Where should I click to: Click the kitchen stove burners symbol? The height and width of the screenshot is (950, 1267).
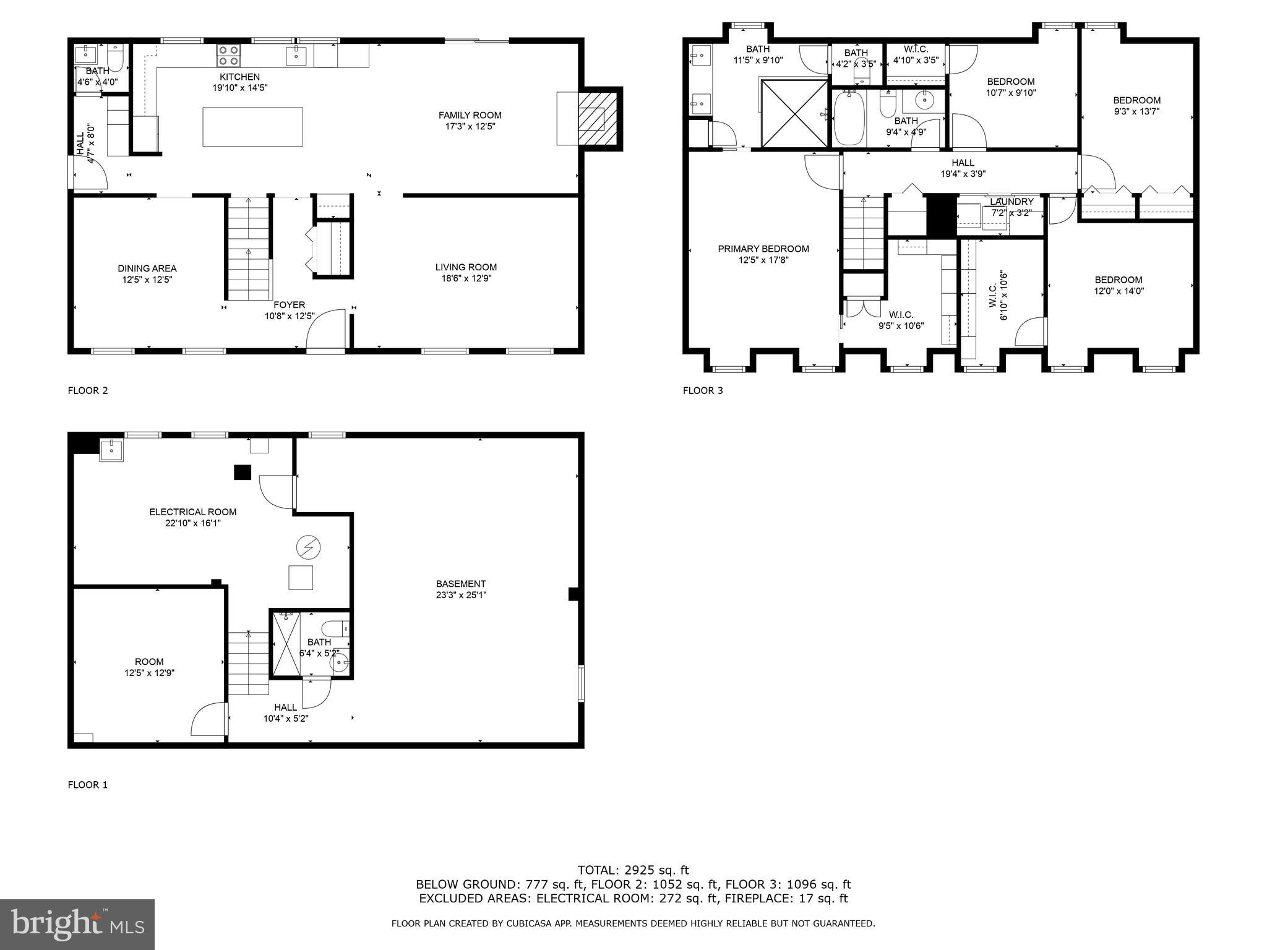pyautogui.click(x=229, y=55)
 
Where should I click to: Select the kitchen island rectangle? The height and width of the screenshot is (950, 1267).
pyautogui.click(x=252, y=127)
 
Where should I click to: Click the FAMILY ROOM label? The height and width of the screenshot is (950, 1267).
pyautogui.click(x=470, y=115)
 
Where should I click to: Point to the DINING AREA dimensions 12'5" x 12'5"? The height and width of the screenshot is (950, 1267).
pyautogui.click(x=147, y=280)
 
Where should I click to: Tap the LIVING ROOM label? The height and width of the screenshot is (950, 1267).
pyautogui.click(x=465, y=267)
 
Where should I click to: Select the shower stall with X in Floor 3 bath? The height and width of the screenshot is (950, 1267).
pyautogui.click(x=794, y=114)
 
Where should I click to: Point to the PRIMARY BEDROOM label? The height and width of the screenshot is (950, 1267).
pyautogui.click(x=763, y=249)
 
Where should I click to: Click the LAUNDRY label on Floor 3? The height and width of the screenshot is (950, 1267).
pyautogui.click(x=1011, y=202)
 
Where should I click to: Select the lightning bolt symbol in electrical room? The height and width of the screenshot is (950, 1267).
pyautogui.click(x=309, y=547)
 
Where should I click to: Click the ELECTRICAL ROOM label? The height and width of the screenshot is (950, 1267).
pyautogui.click(x=192, y=512)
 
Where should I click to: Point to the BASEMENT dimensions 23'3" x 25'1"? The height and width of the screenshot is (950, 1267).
pyautogui.click(x=460, y=595)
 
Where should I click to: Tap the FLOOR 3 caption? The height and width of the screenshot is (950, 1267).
pyautogui.click(x=702, y=390)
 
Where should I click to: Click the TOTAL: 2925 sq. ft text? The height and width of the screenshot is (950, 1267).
pyautogui.click(x=633, y=870)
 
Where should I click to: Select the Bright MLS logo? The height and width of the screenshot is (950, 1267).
pyautogui.click(x=77, y=924)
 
